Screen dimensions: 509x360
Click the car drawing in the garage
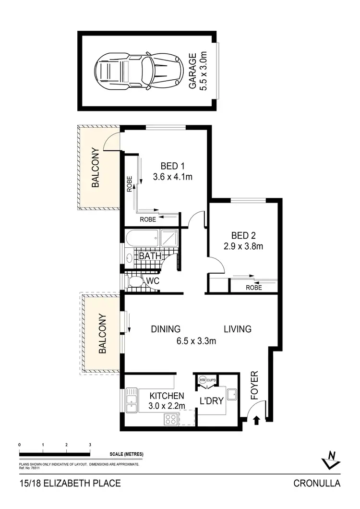coord(139,72)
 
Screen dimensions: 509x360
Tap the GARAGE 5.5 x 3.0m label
coord(197,72)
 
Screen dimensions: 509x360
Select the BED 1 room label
coord(172,166)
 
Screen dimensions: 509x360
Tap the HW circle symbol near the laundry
coord(203,379)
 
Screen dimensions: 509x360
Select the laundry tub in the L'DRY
coord(231,394)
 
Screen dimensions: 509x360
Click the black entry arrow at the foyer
coord(256,420)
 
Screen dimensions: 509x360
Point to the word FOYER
coord(254,386)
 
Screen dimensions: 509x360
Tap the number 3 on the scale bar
coord(90,445)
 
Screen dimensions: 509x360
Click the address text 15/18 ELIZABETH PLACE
coord(70,484)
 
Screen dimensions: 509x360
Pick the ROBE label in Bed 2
coord(253,288)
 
